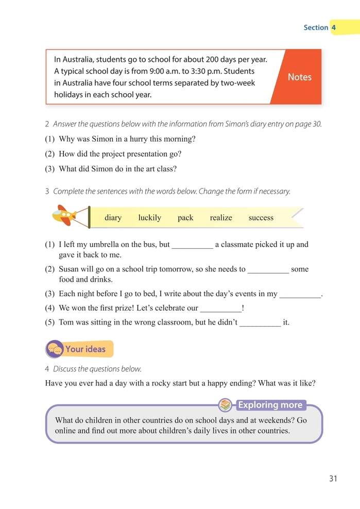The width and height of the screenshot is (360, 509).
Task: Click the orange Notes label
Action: click(299, 77)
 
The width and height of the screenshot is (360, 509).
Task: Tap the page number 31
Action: click(333, 479)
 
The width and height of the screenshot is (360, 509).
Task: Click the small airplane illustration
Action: click(64, 215)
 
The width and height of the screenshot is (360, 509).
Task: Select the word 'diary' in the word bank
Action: click(113, 217)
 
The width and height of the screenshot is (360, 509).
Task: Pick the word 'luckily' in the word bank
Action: click(149, 217)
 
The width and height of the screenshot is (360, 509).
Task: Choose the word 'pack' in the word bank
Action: click(185, 217)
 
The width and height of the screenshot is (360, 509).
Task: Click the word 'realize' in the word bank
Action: click(221, 217)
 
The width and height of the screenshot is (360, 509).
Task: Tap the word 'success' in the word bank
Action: click(261, 217)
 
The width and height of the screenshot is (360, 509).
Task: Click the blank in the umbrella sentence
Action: click(192, 245)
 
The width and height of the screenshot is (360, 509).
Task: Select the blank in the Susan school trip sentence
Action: click(268, 269)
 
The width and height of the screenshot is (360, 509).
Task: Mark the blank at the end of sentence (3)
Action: click(300, 294)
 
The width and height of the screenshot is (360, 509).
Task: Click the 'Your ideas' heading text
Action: click(85, 349)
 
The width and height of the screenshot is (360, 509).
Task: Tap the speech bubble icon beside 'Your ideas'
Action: click(55, 349)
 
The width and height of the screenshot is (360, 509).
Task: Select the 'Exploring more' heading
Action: click(270, 405)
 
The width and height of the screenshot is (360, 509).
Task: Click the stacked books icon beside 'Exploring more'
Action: click(225, 405)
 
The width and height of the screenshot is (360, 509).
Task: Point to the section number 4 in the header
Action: click(334, 27)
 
